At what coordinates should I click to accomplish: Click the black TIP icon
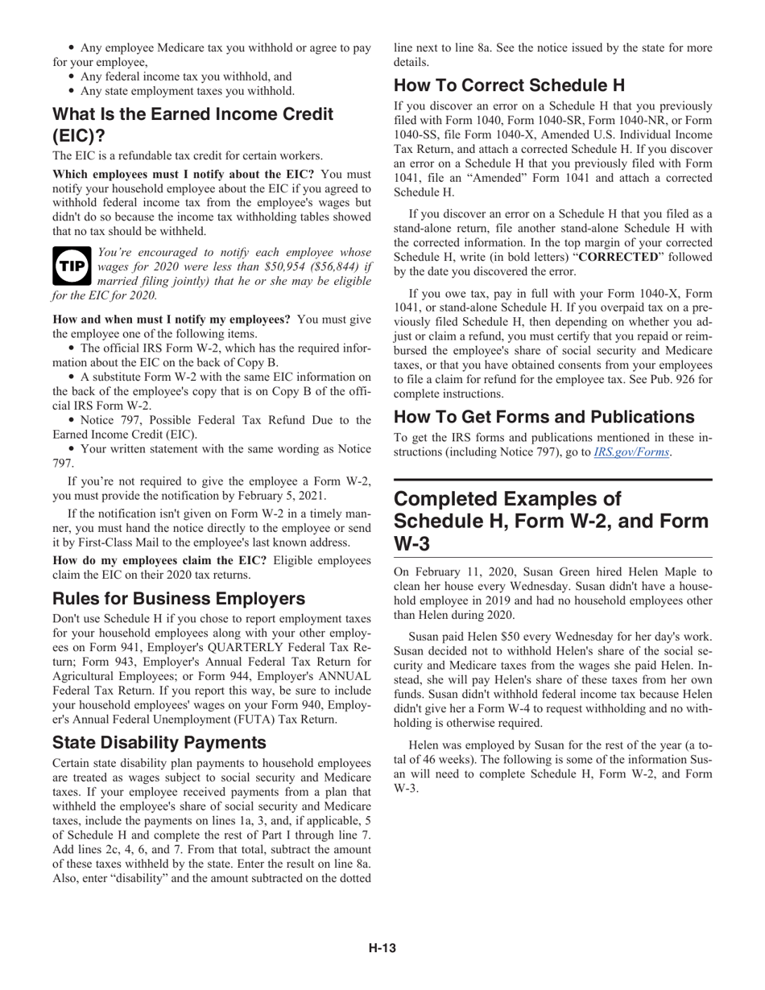tap(72, 266)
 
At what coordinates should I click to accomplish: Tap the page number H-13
tap(382, 948)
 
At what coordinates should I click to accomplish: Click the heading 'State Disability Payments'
tap(159, 742)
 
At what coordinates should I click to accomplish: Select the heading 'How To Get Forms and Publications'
tap(544, 417)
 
